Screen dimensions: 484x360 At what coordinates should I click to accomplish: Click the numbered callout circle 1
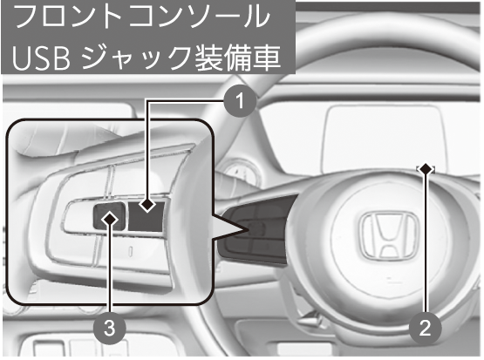click(240, 100)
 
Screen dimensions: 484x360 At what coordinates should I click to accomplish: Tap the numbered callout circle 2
click(425, 328)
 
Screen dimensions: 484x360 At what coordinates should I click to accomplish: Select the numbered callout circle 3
click(110, 328)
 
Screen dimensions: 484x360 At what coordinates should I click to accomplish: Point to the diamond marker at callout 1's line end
click(147, 204)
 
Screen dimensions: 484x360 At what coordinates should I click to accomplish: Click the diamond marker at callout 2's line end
click(426, 169)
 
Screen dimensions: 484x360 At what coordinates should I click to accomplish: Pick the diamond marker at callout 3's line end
click(110, 219)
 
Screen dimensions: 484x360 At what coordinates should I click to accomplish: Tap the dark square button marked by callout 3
click(109, 217)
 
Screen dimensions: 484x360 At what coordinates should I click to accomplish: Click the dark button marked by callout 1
click(146, 216)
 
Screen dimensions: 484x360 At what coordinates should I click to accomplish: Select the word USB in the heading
click(42, 58)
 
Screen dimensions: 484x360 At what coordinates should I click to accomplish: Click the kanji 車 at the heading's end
click(266, 58)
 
